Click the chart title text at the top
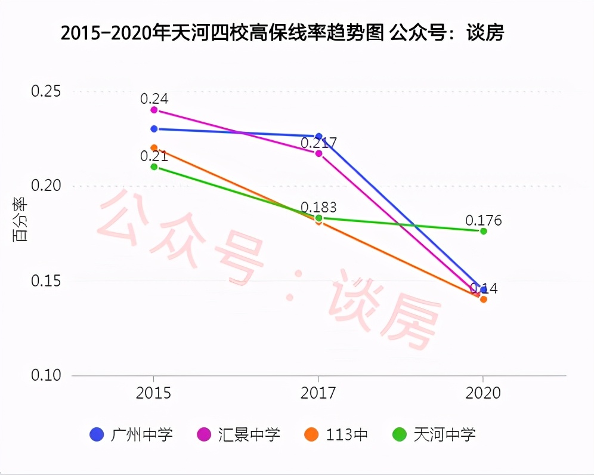[282, 33]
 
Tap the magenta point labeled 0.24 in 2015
[154, 110]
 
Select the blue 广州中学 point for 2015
[154, 129]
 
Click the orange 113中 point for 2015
[154, 148]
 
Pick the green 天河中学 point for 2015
[154, 166]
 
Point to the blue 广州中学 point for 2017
[318, 136]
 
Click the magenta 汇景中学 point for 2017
[318, 153]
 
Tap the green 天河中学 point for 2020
[483, 231]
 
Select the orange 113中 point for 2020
[483, 299]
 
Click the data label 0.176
[484, 221]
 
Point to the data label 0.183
[318, 208]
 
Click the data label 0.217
[318, 143]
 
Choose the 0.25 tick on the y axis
[46, 91]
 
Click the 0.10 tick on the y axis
[46, 375]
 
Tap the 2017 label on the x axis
[318, 393]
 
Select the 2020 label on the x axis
[483, 393]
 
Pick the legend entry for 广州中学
[131, 434]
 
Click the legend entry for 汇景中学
[239, 434]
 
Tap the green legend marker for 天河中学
[400, 434]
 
